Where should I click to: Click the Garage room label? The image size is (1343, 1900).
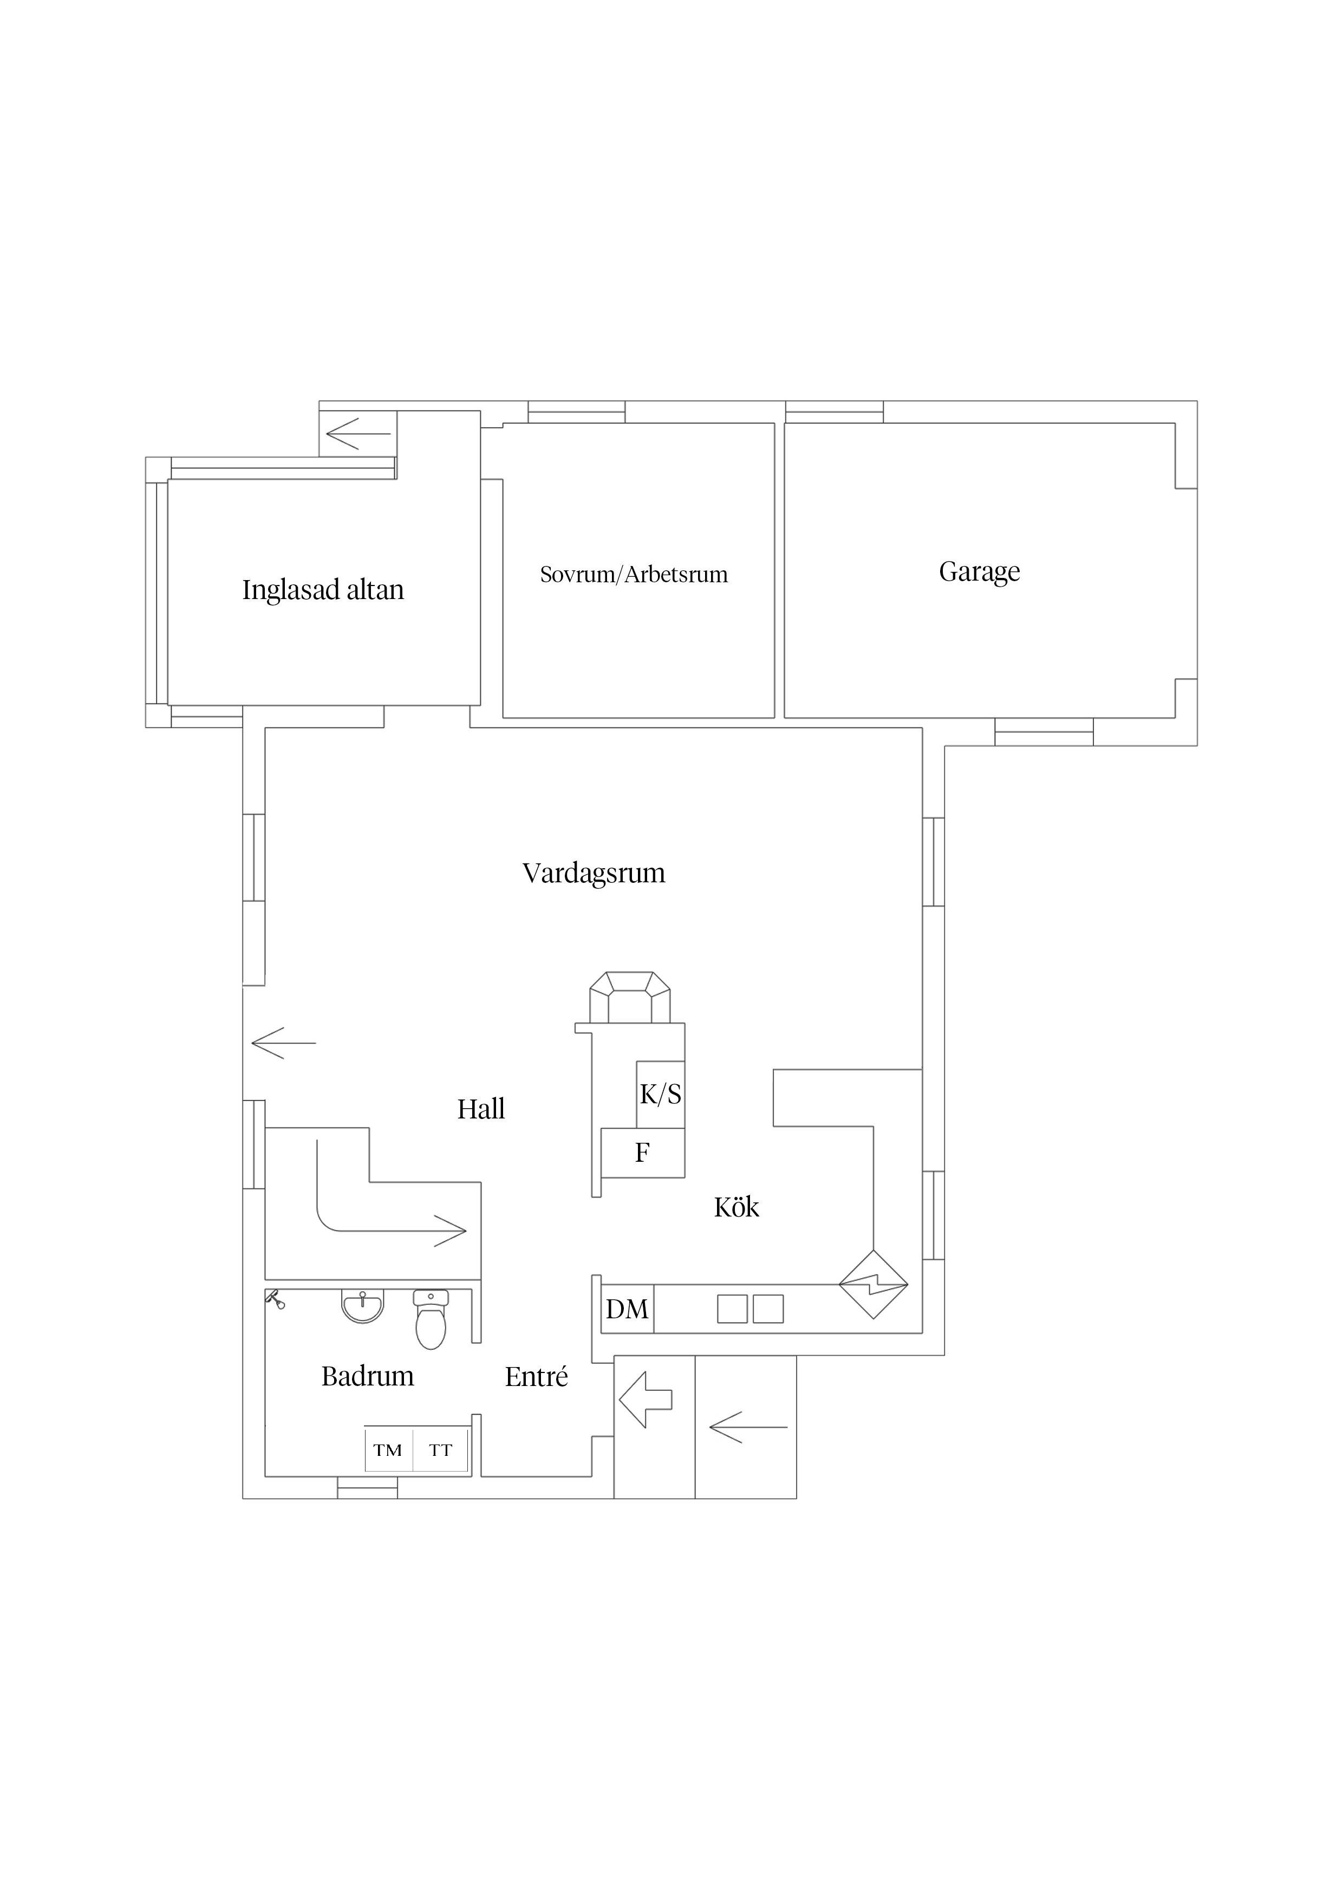pyautogui.click(x=979, y=572)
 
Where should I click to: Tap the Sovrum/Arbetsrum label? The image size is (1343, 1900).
pyautogui.click(x=634, y=574)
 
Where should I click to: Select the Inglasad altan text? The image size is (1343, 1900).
pyautogui.click(x=323, y=589)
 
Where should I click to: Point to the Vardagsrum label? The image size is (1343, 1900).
pyautogui.click(x=594, y=873)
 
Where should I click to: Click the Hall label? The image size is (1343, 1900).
pyautogui.click(x=481, y=1109)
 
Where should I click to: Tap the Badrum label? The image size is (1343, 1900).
pyautogui.click(x=367, y=1376)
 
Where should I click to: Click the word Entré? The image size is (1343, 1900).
pyautogui.click(x=536, y=1376)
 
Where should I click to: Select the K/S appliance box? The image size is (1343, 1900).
pyautogui.click(x=660, y=1094)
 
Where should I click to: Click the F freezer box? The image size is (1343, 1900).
pyautogui.click(x=643, y=1152)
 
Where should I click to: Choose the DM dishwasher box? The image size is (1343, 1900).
pyautogui.click(x=627, y=1309)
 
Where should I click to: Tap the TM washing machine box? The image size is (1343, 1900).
pyautogui.click(x=389, y=1450)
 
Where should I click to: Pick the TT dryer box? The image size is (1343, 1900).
pyautogui.click(x=441, y=1450)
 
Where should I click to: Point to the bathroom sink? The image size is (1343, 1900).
pyautogui.click(x=362, y=1306)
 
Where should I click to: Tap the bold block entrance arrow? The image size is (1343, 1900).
pyautogui.click(x=646, y=1400)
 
